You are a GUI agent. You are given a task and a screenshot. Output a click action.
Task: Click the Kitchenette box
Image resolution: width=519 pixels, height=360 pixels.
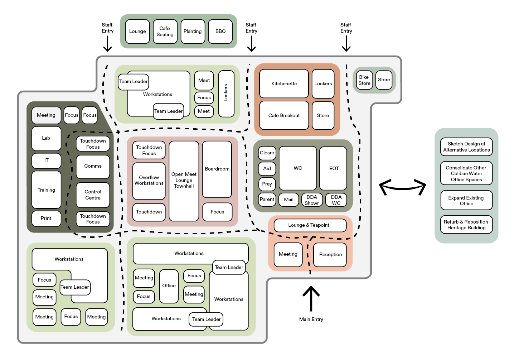tap(284, 83)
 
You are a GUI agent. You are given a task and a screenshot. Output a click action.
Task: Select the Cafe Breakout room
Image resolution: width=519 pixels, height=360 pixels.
tap(284, 115)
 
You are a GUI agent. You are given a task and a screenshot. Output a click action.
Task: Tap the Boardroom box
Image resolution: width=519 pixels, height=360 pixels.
tap(217, 169)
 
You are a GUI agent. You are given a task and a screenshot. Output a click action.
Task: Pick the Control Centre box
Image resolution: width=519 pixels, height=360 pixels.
tap(93, 195)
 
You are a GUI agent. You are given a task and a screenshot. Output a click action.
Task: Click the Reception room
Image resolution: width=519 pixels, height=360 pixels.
tap(330, 255)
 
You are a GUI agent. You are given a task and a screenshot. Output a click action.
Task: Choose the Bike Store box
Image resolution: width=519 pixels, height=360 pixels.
tap(364, 80)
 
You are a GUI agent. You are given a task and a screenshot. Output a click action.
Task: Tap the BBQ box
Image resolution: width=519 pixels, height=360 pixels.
tap(220, 32)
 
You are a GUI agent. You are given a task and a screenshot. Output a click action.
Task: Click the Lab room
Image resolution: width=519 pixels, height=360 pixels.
tap(46, 138)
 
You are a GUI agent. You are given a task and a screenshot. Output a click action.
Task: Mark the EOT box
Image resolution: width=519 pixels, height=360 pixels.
tap(333, 168)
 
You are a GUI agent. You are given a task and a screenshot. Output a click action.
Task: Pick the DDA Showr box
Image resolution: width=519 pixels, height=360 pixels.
tap(312, 200)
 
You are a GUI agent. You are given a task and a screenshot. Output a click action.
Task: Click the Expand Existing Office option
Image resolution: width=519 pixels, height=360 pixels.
tap(466, 201)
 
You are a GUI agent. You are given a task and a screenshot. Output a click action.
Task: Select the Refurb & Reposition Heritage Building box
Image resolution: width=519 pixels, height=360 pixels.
tap(466, 225)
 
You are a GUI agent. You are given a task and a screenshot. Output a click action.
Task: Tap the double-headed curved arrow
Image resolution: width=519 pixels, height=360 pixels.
tap(402, 187)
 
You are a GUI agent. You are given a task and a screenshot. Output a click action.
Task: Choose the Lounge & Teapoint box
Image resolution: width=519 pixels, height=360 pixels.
tap(310, 225)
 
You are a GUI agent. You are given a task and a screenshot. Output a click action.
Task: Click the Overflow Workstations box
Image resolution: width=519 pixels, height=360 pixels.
tap(149, 181)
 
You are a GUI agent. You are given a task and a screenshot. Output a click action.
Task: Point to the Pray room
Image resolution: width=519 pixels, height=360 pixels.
tap(267, 184)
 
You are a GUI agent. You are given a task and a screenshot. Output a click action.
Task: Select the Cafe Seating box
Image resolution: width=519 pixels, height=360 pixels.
tap(165, 32)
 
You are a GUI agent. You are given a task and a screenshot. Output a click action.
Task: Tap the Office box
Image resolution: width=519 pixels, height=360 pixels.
tap(169, 286)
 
